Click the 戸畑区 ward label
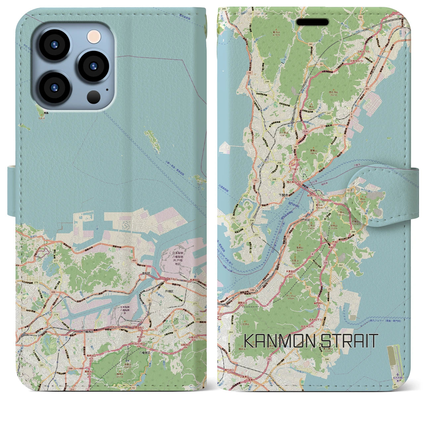coord(170,291)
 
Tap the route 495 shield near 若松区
coord(134,261)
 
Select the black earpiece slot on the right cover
coord(312,22)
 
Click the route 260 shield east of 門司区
coord(353,232)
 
